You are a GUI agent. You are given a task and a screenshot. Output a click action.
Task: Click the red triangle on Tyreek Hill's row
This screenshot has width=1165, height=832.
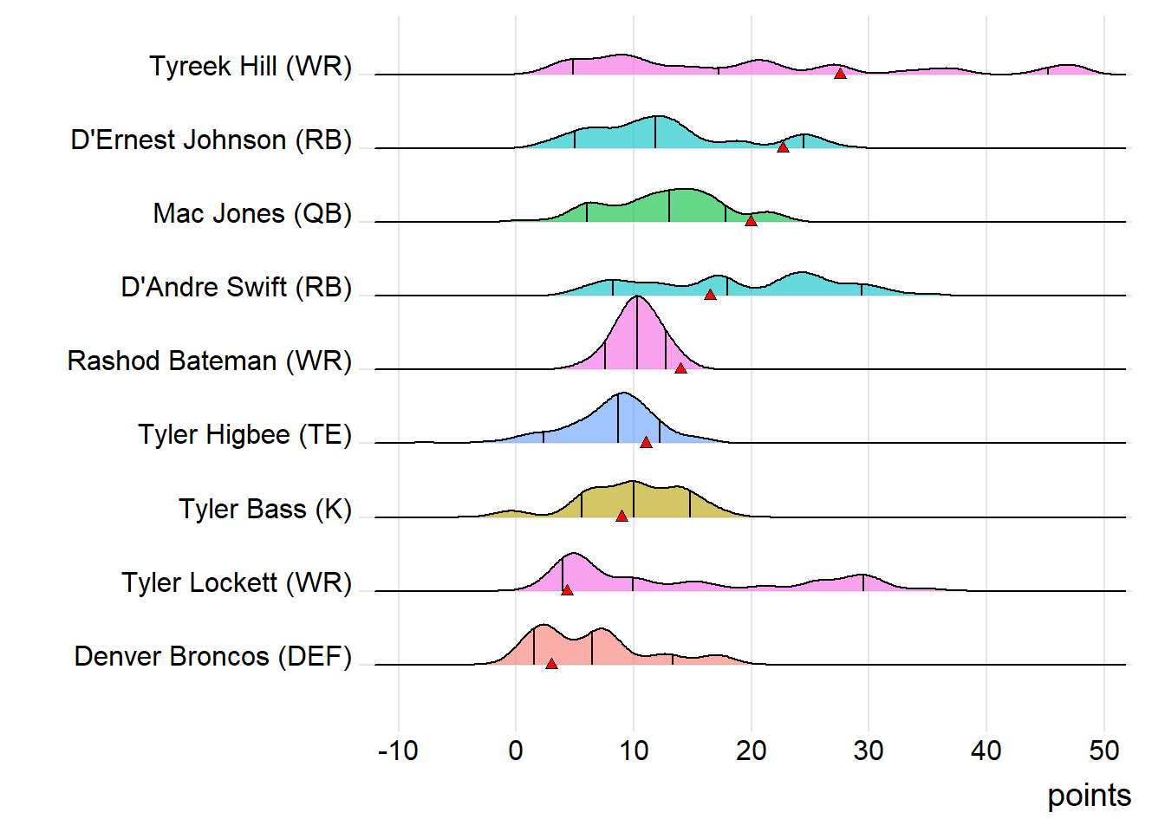click(x=840, y=74)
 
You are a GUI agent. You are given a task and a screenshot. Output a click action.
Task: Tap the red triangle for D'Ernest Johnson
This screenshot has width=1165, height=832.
click(x=783, y=147)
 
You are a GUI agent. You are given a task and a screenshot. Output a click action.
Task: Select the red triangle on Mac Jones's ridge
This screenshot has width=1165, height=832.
click(x=751, y=221)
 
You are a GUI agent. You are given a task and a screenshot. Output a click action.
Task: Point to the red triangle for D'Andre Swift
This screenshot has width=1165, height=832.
click(x=710, y=295)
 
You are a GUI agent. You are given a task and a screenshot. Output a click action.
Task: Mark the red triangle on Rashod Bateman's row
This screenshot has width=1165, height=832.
click(x=680, y=368)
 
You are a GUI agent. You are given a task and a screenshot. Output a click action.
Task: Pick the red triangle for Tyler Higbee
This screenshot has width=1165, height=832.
click(x=646, y=442)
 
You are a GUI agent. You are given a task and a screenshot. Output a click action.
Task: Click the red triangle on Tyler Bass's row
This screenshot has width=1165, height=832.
click(x=622, y=516)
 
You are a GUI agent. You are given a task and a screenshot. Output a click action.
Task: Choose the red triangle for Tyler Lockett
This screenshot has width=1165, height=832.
click(x=567, y=589)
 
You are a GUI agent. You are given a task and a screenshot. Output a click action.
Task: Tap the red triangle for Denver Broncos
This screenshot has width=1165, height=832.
click(x=551, y=664)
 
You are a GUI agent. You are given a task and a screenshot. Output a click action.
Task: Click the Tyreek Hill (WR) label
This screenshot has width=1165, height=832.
click(x=251, y=66)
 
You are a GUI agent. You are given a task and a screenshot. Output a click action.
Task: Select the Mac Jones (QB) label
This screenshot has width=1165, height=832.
click(x=252, y=213)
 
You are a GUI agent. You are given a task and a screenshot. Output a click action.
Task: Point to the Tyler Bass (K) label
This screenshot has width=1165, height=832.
click(x=265, y=509)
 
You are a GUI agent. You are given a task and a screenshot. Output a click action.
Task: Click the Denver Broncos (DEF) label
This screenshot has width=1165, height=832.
click(x=213, y=656)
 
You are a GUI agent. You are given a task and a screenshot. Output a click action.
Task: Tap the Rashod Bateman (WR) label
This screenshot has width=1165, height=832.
click(x=210, y=361)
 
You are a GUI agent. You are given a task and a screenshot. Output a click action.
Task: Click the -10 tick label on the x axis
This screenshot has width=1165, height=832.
click(x=398, y=751)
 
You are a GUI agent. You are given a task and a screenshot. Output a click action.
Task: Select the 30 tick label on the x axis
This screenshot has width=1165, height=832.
click(x=869, y=751)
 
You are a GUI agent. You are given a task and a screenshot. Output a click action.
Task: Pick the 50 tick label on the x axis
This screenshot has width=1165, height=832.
click(x=1104, y=751)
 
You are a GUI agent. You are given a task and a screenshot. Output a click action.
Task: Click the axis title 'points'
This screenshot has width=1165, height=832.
click(x=1089, y=795)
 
